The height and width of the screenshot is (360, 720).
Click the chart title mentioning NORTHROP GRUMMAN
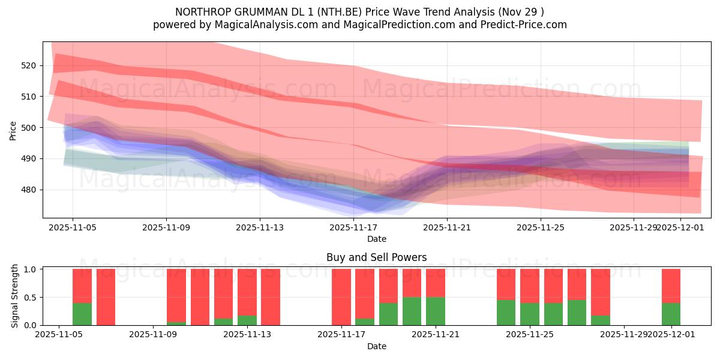coord(359,12)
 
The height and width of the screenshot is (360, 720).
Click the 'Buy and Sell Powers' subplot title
coord(376,257)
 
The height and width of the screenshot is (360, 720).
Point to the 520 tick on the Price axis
coord(29,65)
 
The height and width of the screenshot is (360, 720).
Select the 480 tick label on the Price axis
coord(29,190)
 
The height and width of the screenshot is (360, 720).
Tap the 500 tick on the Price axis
coord(29,128)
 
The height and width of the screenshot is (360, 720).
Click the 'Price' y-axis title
coord(13,130)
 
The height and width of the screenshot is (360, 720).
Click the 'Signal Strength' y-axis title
coord(15,296)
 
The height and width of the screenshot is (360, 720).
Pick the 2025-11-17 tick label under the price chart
coord(353,227)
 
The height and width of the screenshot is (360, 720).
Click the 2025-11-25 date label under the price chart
coord(540,227)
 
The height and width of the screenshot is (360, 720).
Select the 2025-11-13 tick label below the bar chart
coord(247,334)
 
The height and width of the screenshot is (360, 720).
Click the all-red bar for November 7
coord(106,297)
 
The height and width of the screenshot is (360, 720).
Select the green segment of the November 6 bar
coord(82,314)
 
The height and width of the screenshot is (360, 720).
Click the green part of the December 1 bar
coord(671,314)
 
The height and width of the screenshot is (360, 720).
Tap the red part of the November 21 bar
coord(435,283)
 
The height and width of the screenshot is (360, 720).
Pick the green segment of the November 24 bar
coord(506,313)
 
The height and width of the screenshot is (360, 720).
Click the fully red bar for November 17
coord(341,297)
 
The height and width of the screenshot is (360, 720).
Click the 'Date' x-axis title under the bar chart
coord(376,346)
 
